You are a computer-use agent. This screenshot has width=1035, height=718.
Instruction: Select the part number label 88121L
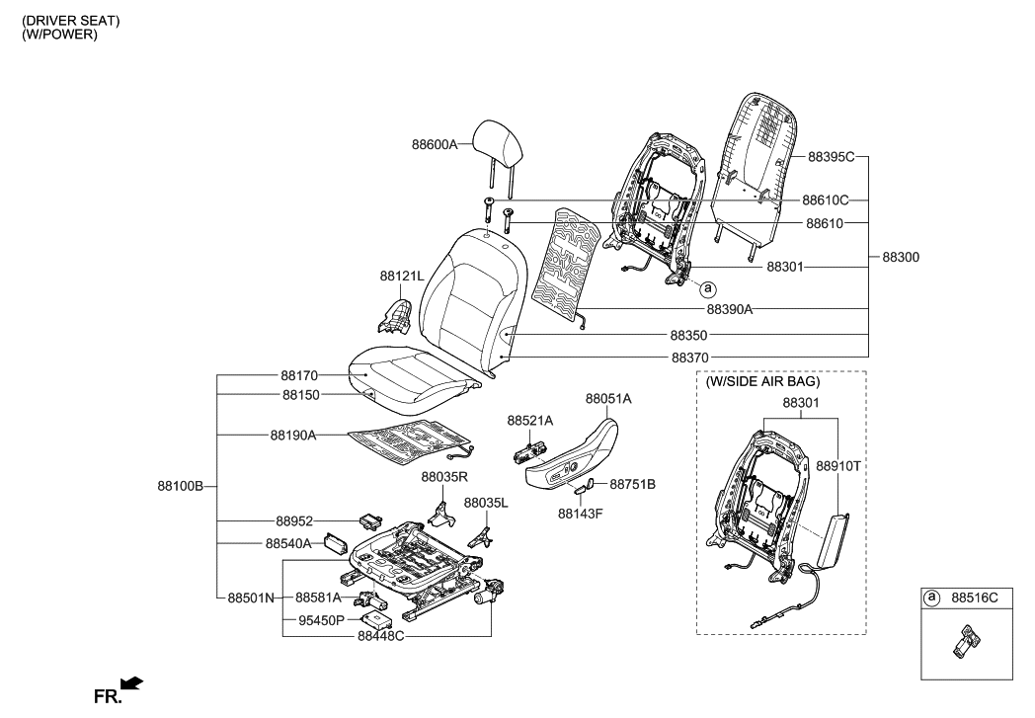[x=401, y=277]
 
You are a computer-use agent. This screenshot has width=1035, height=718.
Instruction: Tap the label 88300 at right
[x=900, y=257]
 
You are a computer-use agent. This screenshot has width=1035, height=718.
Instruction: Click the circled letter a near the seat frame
[x=707, y=288]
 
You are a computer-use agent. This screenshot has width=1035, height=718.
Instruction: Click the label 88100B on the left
[x=180, y=486]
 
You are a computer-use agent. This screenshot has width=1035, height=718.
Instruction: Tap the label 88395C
[x=831, y=157]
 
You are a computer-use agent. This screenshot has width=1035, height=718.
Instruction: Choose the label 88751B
[x=632, y=484]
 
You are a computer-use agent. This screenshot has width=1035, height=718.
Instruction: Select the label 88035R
[x=443, y=477]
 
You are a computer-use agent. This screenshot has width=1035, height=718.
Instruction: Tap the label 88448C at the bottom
[x=378, y=637]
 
